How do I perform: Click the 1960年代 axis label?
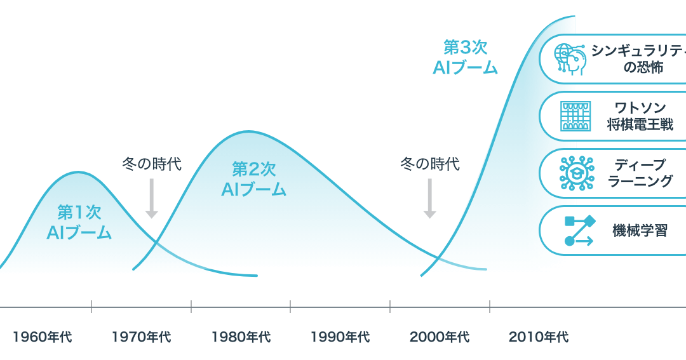pos(42,337)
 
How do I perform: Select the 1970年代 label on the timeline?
pos(141,337)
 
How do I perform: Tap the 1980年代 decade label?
pos(241,337)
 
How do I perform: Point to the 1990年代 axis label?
pos(340,337)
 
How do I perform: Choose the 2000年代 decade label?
pos(439,337)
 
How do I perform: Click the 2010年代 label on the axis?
pos(538,337)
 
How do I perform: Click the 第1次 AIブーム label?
pos(79,222)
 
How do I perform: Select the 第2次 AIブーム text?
pos(253,179)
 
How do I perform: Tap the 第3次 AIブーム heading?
pos(465,58)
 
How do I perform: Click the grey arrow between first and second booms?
pos(151,199)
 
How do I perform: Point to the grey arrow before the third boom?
pos(430,199)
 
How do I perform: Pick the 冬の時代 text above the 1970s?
pos(152,164)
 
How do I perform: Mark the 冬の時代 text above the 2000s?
pos(430,164)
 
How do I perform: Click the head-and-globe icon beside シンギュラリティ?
pos(570,59)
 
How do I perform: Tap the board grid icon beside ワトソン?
pos(576,116)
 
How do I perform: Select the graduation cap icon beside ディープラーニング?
pos(576,173)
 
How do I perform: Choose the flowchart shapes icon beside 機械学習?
pos(579,230)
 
